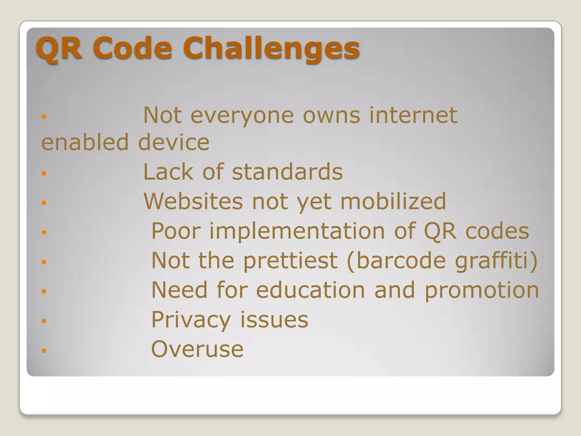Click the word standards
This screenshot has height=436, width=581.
(x=287, y=172)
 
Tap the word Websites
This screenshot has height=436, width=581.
(x=193, y=201)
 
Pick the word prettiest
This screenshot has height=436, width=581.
(x=290, y=261)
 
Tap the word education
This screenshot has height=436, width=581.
(x=310, y=290)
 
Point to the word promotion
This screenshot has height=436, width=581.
(x=482, y=291)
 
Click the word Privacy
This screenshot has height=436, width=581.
(x=191, y=320)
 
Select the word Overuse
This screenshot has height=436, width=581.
(x=197, y=349)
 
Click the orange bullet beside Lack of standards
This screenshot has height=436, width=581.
(x=44, y=173)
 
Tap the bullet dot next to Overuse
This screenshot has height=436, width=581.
(x=44, y=351)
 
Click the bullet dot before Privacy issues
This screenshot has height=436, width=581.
(x=44, y=321)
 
